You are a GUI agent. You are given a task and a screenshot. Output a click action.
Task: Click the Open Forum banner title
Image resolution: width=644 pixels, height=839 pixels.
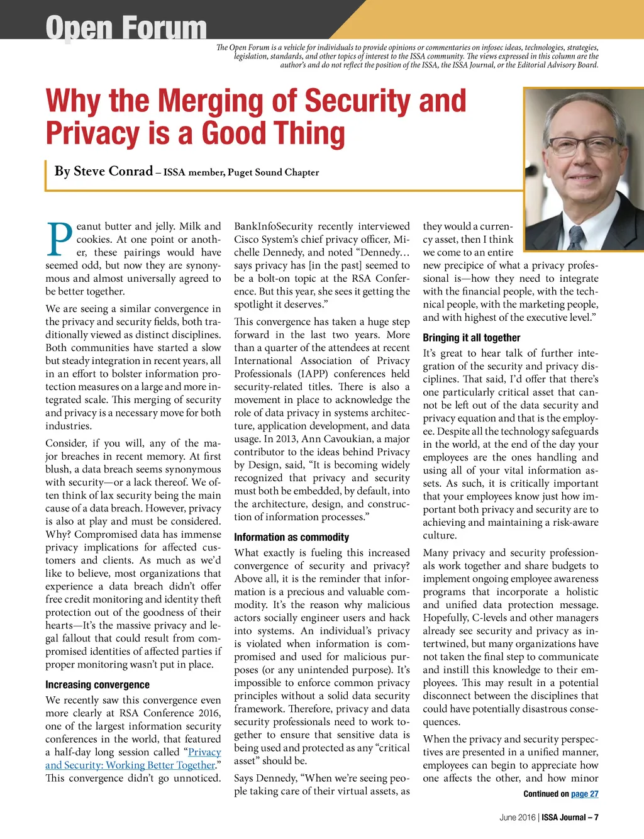(x=126, y=28)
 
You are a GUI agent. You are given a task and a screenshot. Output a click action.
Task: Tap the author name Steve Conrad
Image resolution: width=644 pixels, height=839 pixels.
(x=113, y=171)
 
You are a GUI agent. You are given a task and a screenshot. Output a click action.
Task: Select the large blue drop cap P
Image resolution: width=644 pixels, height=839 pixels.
(x=59, y=240)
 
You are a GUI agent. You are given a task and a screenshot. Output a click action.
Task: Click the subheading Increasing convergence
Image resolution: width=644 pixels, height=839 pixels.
(x=97, y=684)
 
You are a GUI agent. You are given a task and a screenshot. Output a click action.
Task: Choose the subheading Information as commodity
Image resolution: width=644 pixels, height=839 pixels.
(x=291, y=537)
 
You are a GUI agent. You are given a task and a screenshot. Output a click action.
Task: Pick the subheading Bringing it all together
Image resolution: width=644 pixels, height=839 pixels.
(x=471, y=338)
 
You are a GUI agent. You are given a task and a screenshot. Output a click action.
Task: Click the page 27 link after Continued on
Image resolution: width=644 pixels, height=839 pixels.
(x=584, y=794)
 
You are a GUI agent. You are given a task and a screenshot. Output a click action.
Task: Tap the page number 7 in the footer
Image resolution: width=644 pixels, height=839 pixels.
(x=596, y=818)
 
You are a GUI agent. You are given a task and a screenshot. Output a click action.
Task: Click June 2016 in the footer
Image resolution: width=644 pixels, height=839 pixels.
(x=517, y=818)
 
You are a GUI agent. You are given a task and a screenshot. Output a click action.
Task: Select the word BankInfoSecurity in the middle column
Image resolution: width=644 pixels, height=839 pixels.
(x=273, y=226)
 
